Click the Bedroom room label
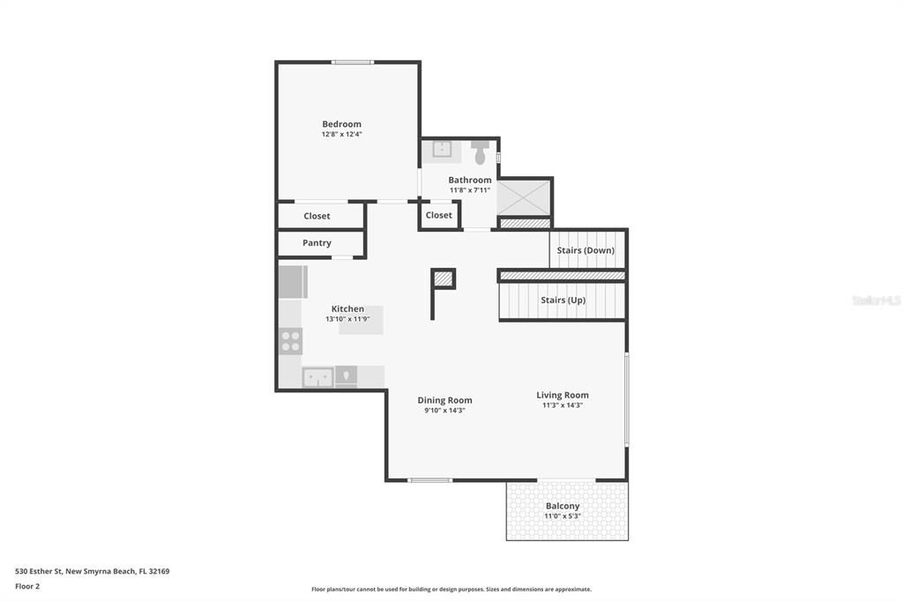(341, 124)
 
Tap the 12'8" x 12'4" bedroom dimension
(341, 134)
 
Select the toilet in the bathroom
(480, 152)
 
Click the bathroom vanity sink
(442, 149)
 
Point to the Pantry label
(317, 243)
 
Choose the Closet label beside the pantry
(317, 216)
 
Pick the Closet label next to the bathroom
(439, 215)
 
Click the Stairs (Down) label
(586, 250)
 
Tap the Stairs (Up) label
(563, 300)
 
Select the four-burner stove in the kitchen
(290, 341)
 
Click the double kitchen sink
(317, 378)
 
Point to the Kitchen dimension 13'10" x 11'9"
(347, 319)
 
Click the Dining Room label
(444, 400)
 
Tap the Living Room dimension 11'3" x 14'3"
(563, 405)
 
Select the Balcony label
(563, 506)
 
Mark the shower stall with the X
(524, 198)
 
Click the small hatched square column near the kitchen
(443, 278)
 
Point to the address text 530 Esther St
(39, 572)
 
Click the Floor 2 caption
(27, 587)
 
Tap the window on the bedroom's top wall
(353, 63)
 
